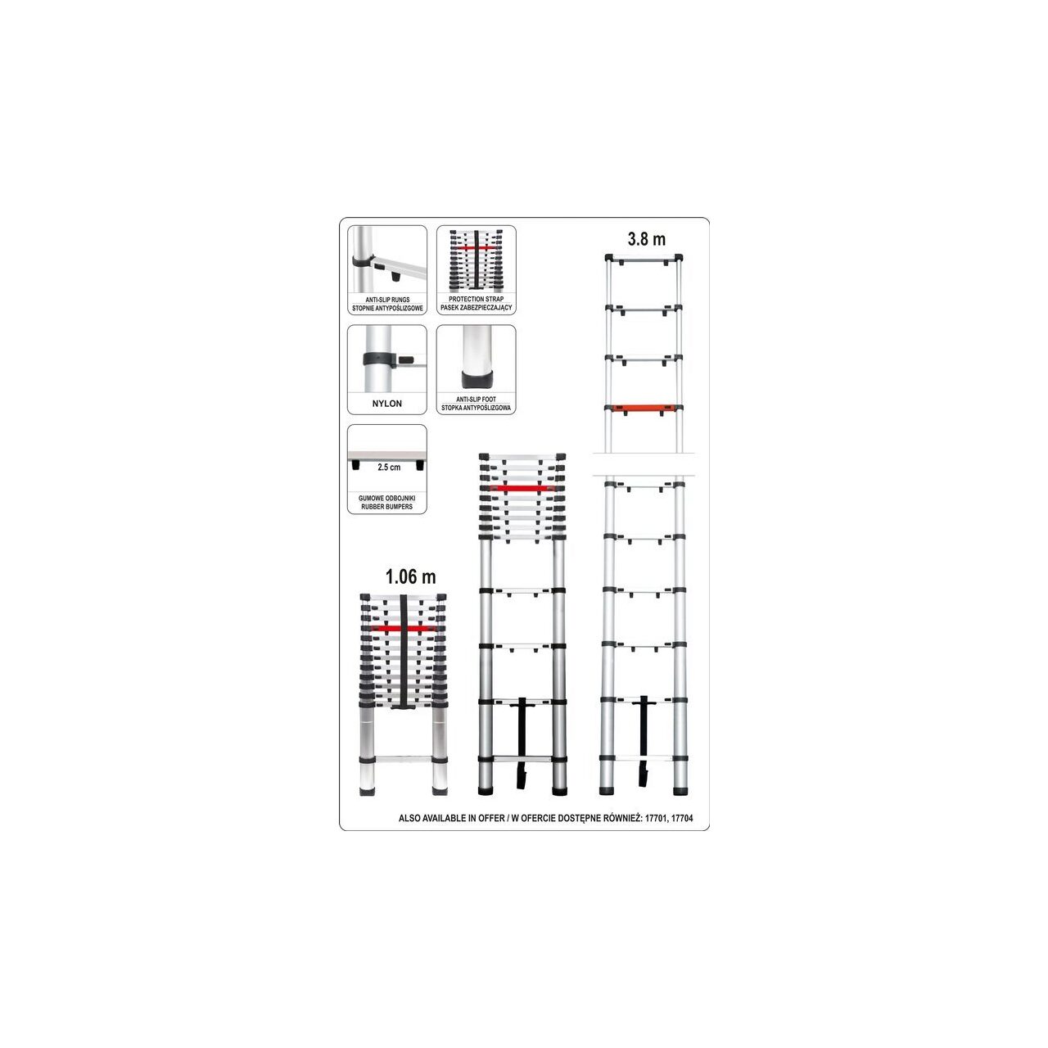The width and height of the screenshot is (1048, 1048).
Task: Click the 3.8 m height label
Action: [646, 239]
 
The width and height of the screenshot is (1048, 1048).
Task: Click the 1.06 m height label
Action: [411, 576]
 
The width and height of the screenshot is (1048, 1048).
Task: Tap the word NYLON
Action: [386, 404]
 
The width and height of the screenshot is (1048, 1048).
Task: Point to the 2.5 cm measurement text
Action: [389, 468]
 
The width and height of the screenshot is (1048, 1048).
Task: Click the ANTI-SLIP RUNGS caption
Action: [387, 300]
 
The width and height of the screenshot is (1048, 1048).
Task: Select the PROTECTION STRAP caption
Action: [476, 299]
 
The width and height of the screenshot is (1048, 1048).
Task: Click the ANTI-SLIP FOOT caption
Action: [476, 400]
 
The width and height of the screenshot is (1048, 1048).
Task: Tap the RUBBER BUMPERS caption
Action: [386, 507]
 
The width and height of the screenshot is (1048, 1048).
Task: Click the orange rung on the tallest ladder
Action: [644, 408]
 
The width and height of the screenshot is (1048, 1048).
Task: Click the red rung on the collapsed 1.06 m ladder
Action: [404, 629]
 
